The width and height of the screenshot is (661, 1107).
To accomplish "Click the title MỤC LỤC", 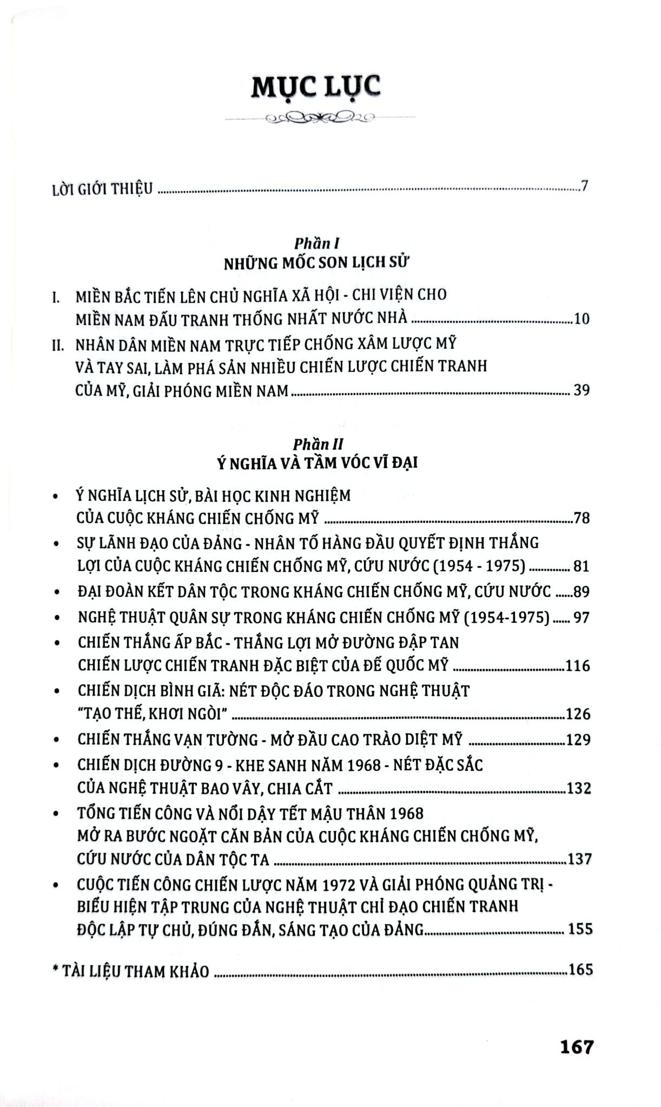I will (x=316, y=86).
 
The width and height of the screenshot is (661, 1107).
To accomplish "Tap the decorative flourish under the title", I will (x=319, y=118).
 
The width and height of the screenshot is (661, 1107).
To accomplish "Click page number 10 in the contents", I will (x=581, y=318).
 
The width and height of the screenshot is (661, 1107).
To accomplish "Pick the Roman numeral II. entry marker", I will (x=57, y=344).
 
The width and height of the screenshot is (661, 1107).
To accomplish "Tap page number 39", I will (x=581, y=390).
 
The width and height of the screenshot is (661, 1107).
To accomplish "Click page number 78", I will (x=581, y=518).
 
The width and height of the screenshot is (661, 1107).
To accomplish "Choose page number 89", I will (x=581, y=592).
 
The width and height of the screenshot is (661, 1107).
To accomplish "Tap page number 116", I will (x=577, y=665).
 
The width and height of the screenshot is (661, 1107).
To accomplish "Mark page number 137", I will (x=578, y=859).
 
